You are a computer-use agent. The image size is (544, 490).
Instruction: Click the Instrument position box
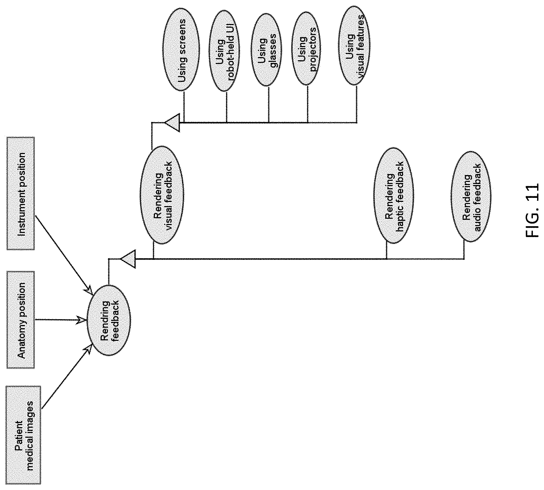click(x=20, y=193)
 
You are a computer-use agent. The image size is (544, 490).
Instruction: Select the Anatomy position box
click(x=20, y=320)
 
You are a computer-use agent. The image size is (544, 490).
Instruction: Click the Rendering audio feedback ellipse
click(x=471, y=197)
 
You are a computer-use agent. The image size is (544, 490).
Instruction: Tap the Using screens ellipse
click(x=182, y=50)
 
